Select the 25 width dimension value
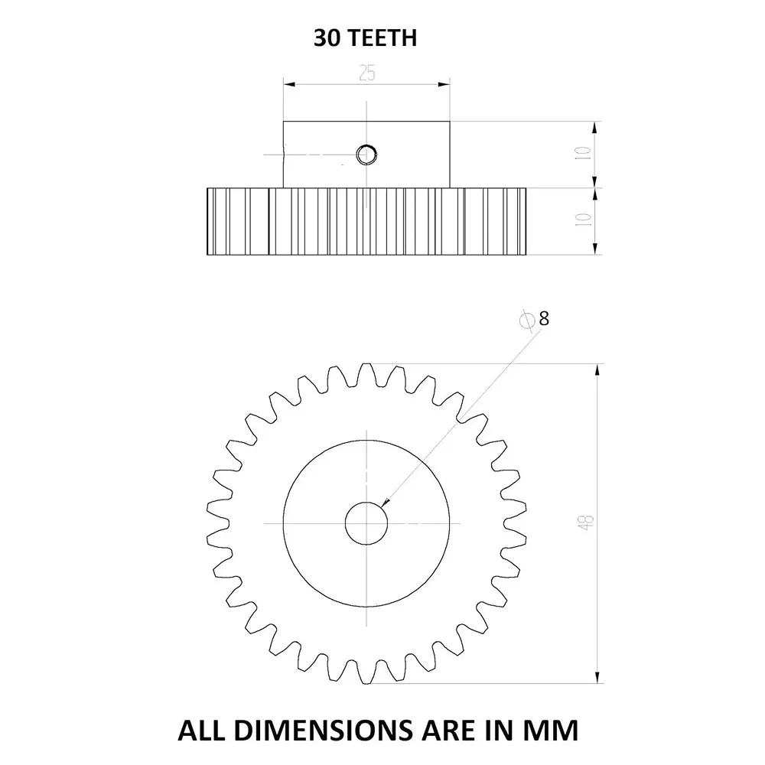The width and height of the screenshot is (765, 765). [366, 73]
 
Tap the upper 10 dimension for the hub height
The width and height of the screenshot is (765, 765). [585, 154]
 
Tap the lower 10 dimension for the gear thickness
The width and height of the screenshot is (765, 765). [585, 220]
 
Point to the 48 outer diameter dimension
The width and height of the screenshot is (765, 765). [587, 523]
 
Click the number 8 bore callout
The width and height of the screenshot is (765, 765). [544, 319]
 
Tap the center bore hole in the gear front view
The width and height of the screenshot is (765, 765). [366, 523]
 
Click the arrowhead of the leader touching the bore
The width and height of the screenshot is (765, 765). [385, 503]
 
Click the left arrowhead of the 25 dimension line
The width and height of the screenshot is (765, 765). [288, 85]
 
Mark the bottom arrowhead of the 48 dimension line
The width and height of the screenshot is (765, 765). [597, 678]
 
